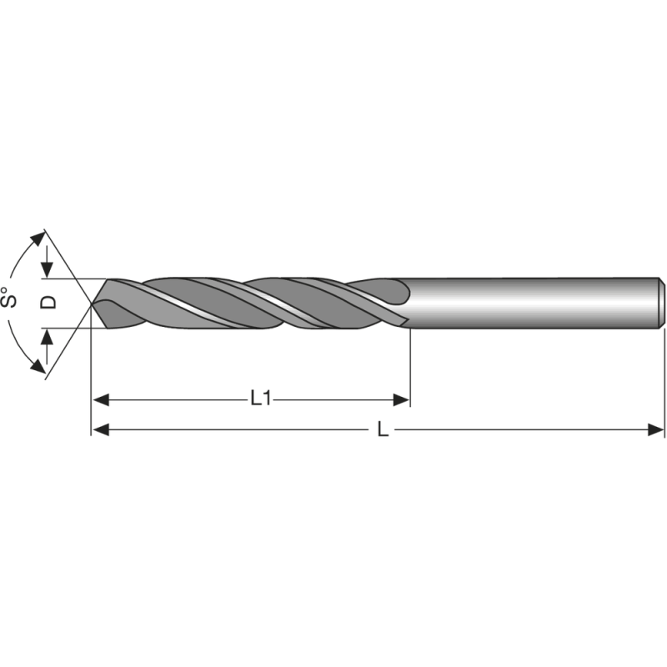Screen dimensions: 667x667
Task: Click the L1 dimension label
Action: click(x=262, y=399)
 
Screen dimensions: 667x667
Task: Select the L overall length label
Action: click(x=383, y=429)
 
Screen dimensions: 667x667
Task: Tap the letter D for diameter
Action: click(x=49, y=302)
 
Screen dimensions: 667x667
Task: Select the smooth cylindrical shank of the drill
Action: click(x=534, y=302)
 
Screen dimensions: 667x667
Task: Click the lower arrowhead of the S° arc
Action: click(x=37, y=366)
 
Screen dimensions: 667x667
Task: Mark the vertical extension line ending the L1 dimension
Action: click(x=411, y=367)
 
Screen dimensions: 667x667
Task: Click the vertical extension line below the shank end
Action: click(x=664, y=375)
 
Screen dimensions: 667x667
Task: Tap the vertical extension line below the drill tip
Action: click(x=90, y=375)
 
